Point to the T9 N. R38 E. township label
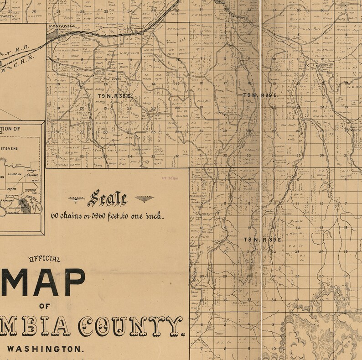114,95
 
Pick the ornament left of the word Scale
76,199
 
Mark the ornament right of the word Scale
145,199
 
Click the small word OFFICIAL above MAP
44,259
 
